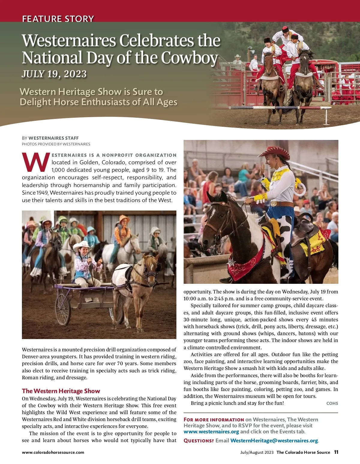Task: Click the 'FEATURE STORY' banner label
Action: pos(58,19)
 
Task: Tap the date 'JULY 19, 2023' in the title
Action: pos(54,74)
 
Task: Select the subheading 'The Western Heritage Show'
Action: pos(61,391)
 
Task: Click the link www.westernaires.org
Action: pos(211,432)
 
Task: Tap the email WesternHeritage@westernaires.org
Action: pos(274,441)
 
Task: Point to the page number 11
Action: pos(336,452)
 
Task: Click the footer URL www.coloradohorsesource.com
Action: pos(53,452)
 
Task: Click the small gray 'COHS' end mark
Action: pos(332,403)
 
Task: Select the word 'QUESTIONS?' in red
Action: pos(199,441)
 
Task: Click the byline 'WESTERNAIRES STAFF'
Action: pos(53,138)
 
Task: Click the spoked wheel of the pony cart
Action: pos(63,309)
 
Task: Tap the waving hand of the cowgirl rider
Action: pos(262,169)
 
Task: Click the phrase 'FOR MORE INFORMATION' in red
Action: pos(214,420)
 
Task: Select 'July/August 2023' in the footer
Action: pos(257,452)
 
